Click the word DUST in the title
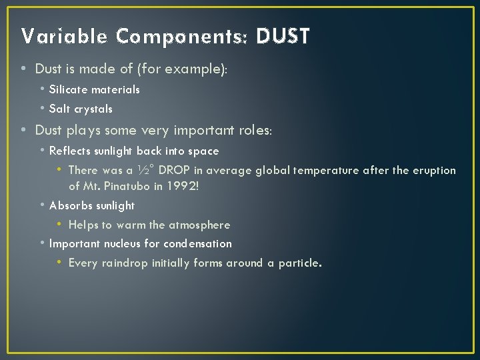(x=283, y=36)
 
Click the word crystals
(x=93, y=109)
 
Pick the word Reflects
(x=71, y=151)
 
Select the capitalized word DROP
(x=175, y=171)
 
